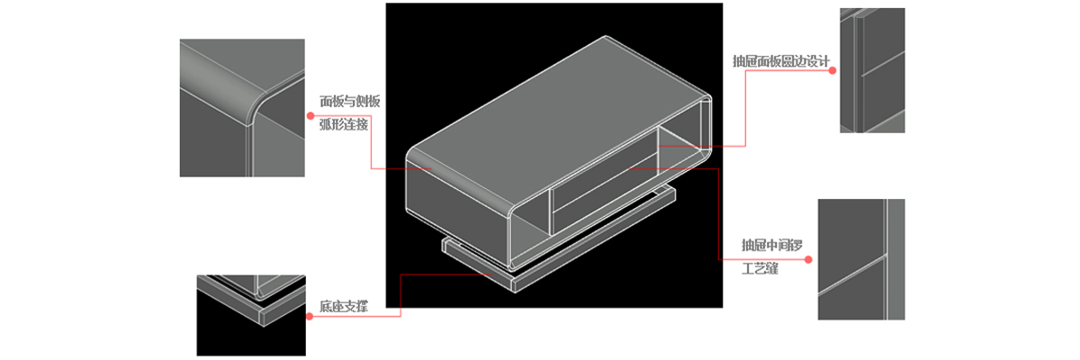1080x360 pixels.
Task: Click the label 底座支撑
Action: point(343,307)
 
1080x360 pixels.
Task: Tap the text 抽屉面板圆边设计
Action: point(780,61)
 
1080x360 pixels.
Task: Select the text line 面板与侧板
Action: point(349,101)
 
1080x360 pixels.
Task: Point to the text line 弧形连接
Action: point(343,124)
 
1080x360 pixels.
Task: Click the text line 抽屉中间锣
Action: point(772,246)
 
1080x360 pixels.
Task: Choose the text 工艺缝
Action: point(760,268)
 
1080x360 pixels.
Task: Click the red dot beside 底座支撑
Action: point(310,316)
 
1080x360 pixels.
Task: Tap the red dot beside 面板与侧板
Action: point(310,116)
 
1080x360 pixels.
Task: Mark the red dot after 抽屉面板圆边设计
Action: point(832,70)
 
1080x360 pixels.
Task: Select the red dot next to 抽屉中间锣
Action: point(808,259)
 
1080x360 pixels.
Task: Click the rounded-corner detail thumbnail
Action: point(242,108)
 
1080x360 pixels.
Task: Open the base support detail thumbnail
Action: point(251,316)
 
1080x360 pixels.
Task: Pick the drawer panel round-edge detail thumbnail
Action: point(872,70)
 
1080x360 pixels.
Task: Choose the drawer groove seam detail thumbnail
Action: point(861,259)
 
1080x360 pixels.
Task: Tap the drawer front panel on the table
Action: point(605,192)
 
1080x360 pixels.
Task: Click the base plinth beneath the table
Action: point(559,241)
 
